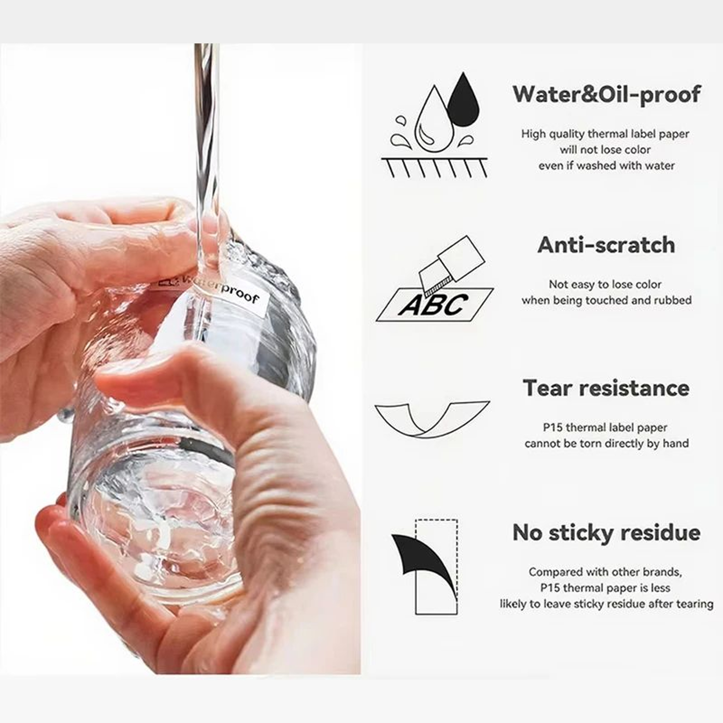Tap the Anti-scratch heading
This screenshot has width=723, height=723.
(x=606, y=245)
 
